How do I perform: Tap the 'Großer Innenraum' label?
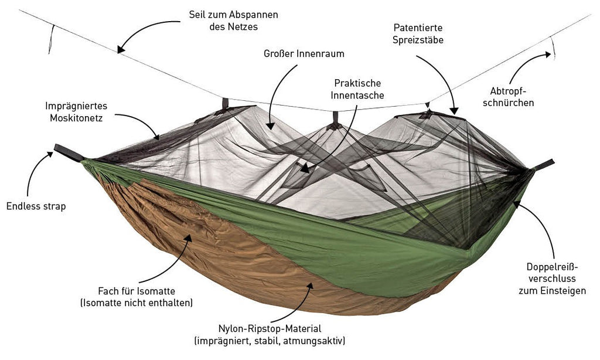click(x=304, y=54)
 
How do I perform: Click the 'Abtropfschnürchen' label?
click(x=517, y=97)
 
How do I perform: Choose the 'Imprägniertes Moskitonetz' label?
click(x=79, y=111)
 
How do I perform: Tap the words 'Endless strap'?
click(x=36, y=206)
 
